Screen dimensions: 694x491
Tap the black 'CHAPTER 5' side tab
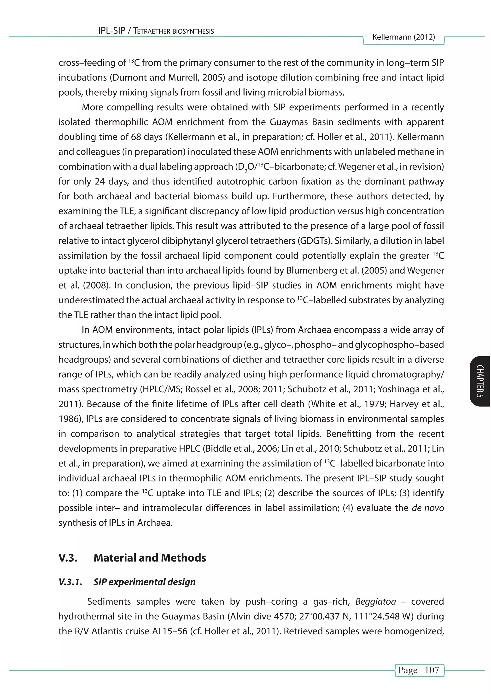click(x=480, y=381)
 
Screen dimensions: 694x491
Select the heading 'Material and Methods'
click(x=150, y=558)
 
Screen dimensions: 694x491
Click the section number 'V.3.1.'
click(x=70, y=582)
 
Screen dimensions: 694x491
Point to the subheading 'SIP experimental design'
click(x=144, y=582)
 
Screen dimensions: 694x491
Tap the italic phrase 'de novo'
click(x=427, y=508)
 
